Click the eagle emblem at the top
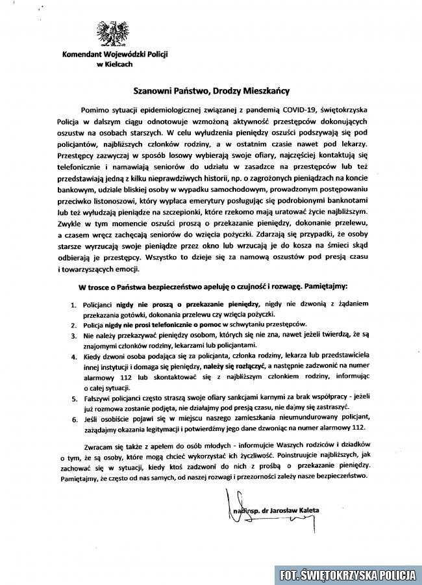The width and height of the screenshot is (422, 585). tap(113, 34)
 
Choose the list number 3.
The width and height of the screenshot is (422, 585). tap(73, 335)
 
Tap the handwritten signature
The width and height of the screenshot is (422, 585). tap(244, 510)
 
